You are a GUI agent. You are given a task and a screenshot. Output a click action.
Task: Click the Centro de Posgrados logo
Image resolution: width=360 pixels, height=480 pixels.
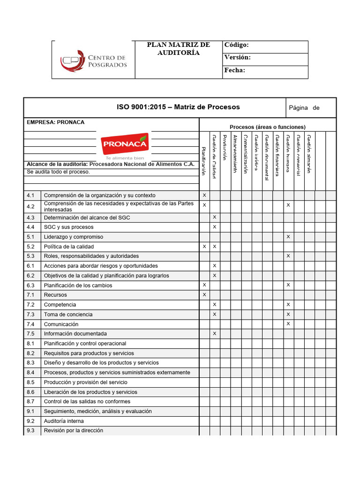93,60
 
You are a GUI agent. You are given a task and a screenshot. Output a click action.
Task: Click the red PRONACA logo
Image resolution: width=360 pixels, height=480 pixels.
124,143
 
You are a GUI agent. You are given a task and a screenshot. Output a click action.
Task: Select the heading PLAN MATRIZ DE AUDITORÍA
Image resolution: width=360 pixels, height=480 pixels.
179,49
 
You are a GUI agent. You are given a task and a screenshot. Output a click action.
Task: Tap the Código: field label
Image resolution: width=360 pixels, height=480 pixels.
236,45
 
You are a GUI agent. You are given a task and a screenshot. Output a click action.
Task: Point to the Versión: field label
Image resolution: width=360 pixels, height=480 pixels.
237,58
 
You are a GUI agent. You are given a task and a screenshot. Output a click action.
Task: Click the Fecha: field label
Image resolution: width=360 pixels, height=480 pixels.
235,70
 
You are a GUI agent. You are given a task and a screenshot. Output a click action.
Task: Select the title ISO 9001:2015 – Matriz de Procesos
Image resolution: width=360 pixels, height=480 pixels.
178,107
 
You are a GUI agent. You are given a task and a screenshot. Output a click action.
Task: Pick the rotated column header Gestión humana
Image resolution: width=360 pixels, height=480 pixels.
288,155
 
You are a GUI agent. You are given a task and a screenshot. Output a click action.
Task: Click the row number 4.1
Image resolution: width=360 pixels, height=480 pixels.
31,195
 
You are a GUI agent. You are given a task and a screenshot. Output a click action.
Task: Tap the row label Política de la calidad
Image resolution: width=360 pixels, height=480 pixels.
69,247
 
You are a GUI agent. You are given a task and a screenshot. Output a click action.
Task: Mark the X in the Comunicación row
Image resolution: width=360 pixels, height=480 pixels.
288,324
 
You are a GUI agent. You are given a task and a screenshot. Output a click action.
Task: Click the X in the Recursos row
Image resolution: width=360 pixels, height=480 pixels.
204,295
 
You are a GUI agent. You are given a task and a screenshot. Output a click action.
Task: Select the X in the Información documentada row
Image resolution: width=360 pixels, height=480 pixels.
215,334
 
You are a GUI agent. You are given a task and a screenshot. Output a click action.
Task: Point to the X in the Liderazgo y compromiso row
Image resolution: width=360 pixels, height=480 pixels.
288,237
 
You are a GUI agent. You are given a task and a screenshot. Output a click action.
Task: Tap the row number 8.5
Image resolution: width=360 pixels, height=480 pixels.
31,382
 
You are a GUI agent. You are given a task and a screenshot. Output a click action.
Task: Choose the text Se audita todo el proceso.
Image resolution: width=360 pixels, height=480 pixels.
58,172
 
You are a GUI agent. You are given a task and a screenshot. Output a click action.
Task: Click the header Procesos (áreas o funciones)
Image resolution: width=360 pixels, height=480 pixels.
268,127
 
